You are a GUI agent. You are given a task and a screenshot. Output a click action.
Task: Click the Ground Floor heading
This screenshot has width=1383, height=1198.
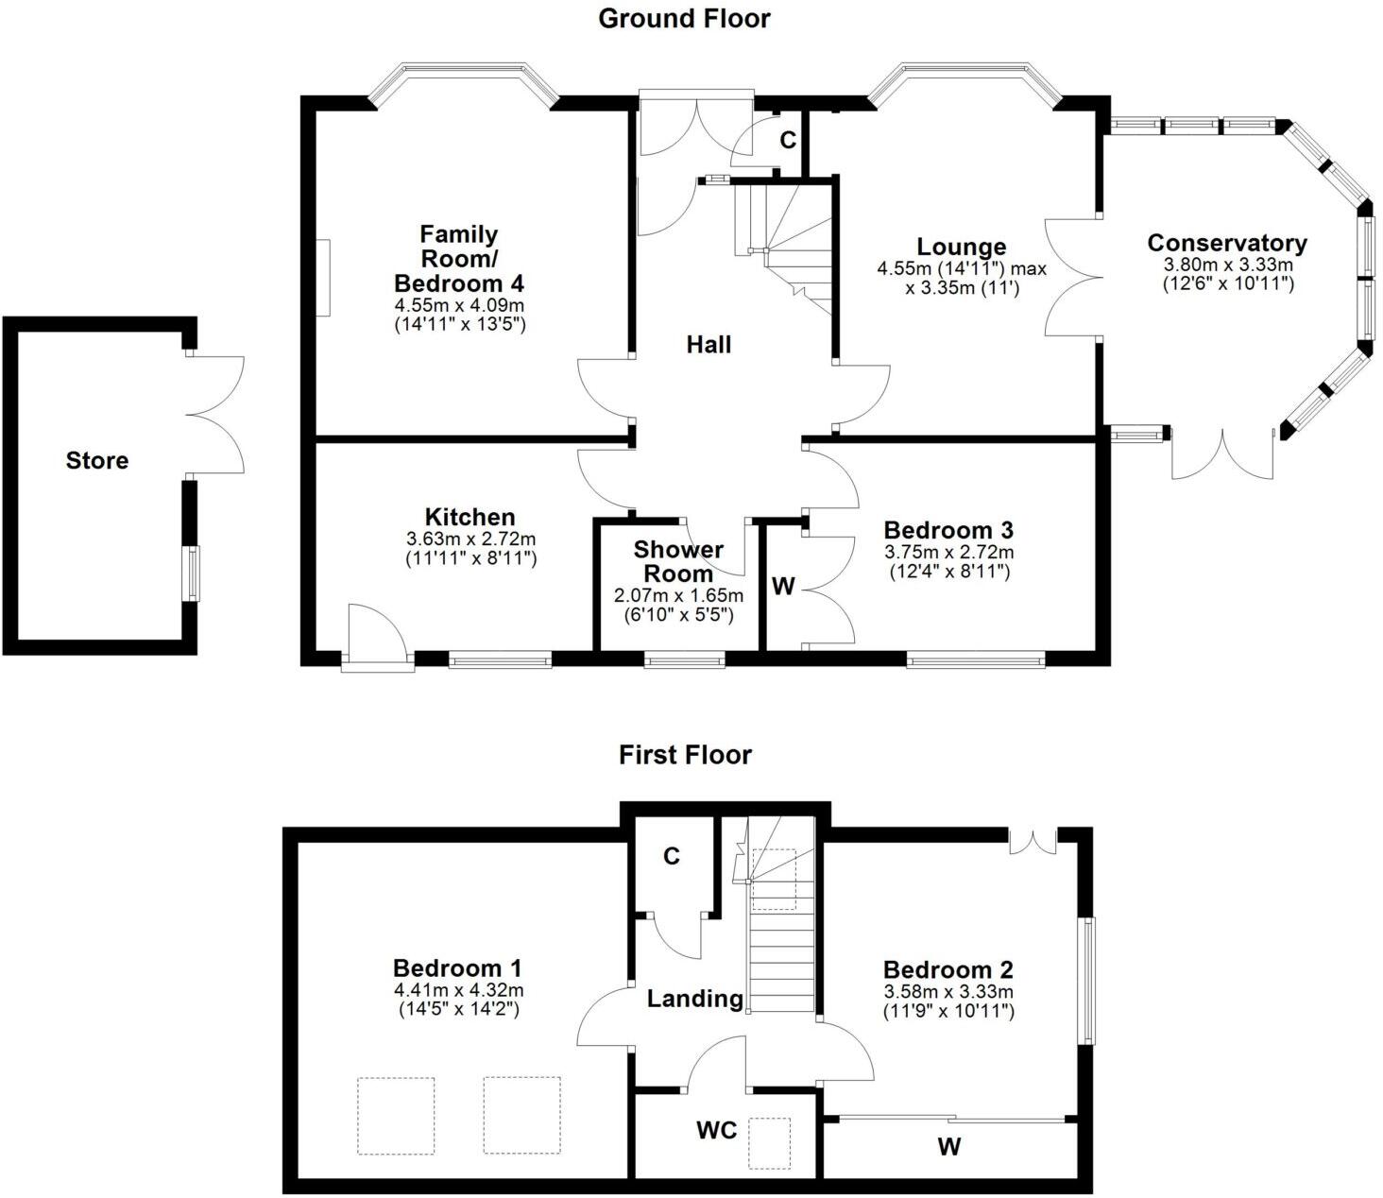tap(684, 19)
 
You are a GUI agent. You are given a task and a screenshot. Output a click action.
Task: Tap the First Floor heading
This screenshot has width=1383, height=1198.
tap(685, 755)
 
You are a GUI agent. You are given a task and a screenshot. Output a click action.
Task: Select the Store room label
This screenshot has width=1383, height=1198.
tap(97, 461)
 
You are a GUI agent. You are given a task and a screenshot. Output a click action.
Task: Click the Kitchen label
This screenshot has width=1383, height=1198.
tap(470, 517)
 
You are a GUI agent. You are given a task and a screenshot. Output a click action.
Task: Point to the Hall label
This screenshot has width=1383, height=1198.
tap(709, 345)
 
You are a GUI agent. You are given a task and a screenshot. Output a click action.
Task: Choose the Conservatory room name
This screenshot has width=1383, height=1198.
tap(1227, 243)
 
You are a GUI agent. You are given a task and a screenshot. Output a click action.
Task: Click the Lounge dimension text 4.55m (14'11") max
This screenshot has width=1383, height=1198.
tap(962, 269)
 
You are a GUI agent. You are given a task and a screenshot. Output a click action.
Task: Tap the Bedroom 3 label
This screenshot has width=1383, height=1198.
tap(948, 530)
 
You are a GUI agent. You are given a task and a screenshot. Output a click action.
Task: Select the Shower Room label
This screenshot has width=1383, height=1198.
tap(678, 561)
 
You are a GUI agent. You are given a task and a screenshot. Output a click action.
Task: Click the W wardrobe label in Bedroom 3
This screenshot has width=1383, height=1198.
tap(783, 587)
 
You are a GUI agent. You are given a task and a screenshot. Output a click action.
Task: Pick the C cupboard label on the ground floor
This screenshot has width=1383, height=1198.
tap(788, 140)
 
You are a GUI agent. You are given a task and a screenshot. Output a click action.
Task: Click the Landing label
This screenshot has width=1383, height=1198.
tap(695, 999)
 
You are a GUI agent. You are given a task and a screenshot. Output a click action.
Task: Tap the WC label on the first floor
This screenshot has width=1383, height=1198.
tap(716, 1130)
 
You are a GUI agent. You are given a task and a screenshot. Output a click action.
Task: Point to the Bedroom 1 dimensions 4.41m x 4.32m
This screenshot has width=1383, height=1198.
tap(458, 990)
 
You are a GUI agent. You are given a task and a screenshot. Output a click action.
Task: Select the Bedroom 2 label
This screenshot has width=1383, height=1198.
tap(948, 969)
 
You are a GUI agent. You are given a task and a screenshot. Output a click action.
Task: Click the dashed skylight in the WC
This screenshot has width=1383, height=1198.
tap(770, 1143)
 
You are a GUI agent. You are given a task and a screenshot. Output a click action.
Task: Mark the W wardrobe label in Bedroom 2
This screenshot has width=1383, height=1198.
tap(949, 1147)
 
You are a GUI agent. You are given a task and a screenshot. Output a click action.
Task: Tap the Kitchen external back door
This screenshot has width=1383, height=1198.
tap(377, 638)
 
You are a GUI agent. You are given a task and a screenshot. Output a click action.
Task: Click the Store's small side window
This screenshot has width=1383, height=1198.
tap(193, 573)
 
